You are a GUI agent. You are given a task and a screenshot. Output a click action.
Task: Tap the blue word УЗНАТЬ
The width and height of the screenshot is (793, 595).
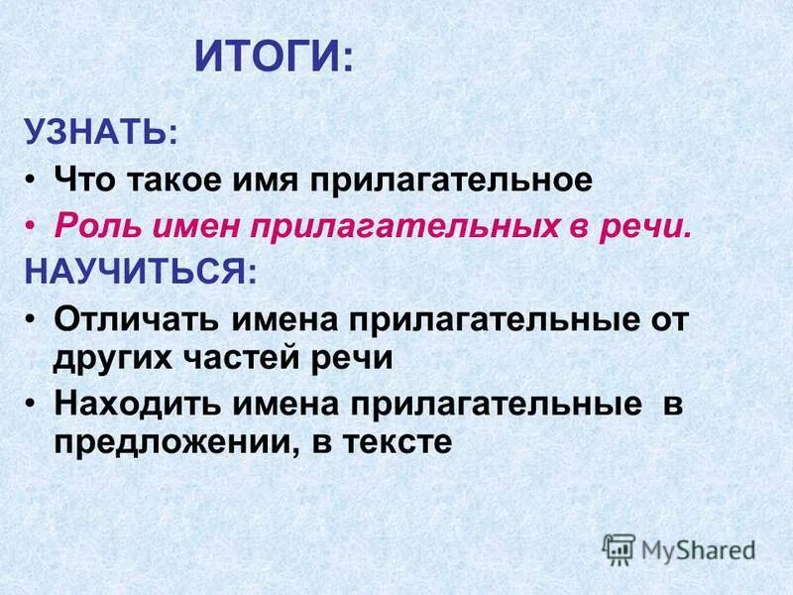(x=102, y=132)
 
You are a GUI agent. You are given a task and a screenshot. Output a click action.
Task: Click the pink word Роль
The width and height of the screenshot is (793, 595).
(x=92, y=226)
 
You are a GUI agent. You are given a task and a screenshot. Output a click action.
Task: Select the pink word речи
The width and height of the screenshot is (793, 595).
(x=651, y=226)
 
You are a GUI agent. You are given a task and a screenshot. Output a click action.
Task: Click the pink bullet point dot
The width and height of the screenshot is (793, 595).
(x=33, y=226)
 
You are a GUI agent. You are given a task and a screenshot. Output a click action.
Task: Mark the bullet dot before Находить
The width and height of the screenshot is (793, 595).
(x=33, y=404)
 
